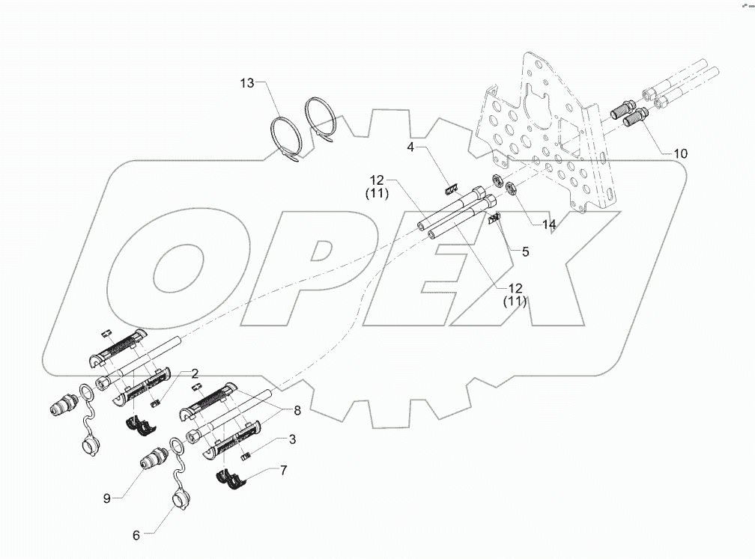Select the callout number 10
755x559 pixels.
pyautogui.click(x=680, y=153)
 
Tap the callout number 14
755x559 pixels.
pyautogui.click(x=550, y=224)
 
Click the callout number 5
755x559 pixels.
pyautogui.click(x=525, y=252)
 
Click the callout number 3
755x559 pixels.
pyautogui.click(x=293, y=440)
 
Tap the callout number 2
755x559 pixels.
pyautogui.click(x=194, y=373)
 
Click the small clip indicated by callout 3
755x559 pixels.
pyautogui.click(x=244, y=455)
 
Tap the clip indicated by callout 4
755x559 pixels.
pyautogui.click(x=452, y=189)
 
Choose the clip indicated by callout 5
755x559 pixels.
pyautogui.click(x=494, y=218)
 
